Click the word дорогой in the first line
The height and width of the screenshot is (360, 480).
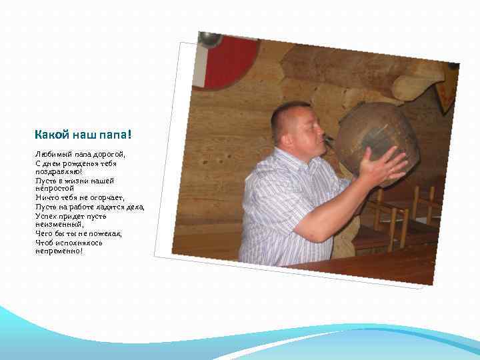tap(107, 154)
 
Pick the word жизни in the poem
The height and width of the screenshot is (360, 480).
tap(74, 181)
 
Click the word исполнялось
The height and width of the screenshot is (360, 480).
tap(78, 243)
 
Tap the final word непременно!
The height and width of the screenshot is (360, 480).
tap(59, 251)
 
